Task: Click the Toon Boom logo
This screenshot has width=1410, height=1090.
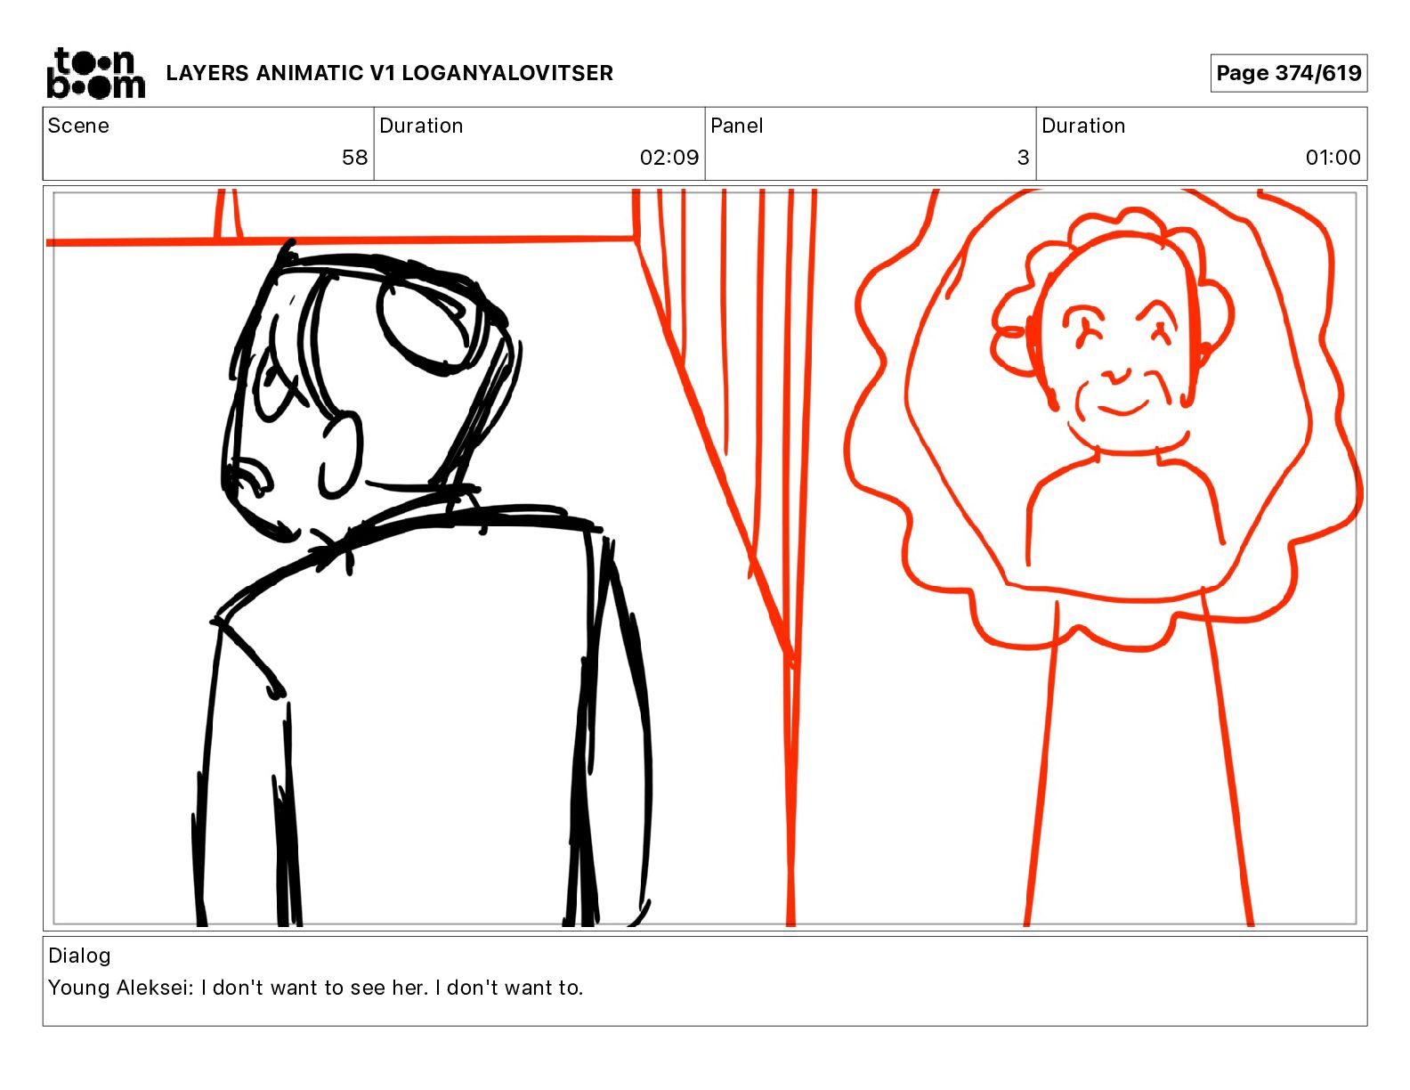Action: tap(96, 73)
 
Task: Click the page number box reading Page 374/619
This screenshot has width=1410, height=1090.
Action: tap(1288, 73)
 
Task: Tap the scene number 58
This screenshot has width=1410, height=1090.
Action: tap(354, 157)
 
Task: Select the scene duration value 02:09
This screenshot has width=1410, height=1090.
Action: tap(669, 157)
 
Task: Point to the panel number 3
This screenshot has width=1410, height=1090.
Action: tap(1023, 157)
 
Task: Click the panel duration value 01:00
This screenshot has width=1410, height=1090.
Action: tap(1333, 157)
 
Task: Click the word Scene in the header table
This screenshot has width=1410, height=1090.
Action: tap(78, 126)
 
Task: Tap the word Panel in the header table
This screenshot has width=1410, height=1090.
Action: tap(736, 126)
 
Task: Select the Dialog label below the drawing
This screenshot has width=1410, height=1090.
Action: tap(79, 956)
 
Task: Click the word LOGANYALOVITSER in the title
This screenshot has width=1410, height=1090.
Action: tap(506, 73)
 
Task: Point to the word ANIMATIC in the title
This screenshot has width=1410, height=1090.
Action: tap(309, 73)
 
